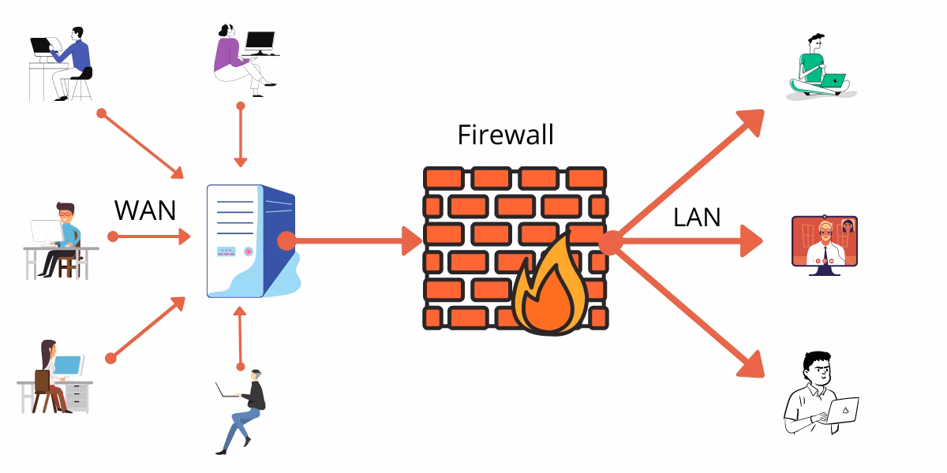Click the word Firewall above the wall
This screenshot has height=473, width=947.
505,134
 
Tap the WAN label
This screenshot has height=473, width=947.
145,210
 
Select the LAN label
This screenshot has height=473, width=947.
697,217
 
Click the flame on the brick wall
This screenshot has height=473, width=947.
549,288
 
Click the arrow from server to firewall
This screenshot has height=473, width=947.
355,240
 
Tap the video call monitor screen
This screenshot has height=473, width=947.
825,240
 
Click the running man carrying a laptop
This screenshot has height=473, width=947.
245,410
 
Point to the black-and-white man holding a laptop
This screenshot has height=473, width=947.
817,394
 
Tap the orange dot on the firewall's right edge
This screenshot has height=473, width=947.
609,242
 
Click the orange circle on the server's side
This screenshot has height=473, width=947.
286,241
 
